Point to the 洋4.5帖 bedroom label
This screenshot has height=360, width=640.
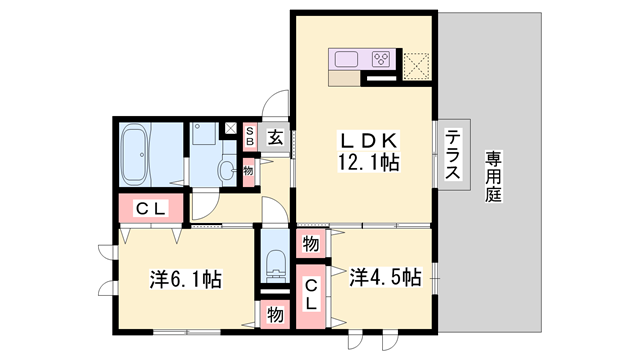(385, 277)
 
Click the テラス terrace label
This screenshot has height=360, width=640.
(453, 154)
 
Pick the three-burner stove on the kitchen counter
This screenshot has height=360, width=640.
(381, 59)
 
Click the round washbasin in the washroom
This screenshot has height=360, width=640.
(246, 171)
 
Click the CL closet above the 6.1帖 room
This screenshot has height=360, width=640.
(152, 209)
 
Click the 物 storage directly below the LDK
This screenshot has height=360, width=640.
(311, 244)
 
